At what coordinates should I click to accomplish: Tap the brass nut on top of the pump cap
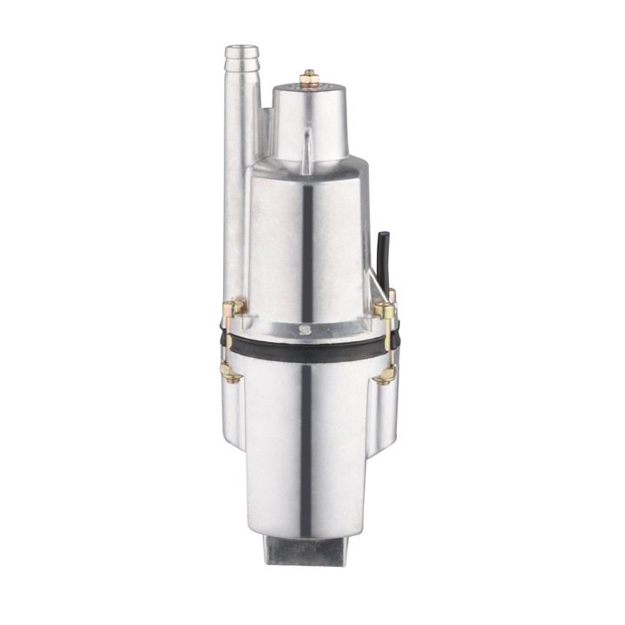point(309,78)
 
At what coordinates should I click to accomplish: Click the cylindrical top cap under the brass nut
point(309,117)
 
